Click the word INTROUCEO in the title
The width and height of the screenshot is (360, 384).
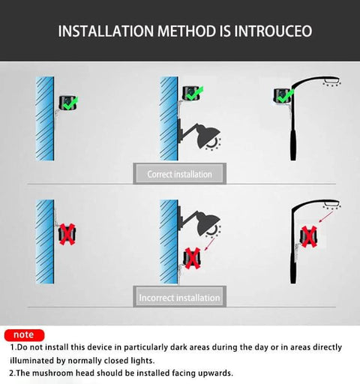coord(267,31)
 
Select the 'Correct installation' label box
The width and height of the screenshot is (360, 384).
coord(179,174)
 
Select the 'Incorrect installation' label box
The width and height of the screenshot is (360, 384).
coord(179,298)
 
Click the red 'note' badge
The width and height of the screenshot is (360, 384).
coord(24,334)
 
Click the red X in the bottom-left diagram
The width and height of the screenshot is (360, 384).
coord(65,234)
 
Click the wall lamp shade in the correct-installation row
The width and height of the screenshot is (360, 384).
coord(207,137)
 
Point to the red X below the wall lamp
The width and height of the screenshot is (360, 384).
coord(193,258)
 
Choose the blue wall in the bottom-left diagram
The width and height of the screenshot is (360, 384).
coord(44,240)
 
